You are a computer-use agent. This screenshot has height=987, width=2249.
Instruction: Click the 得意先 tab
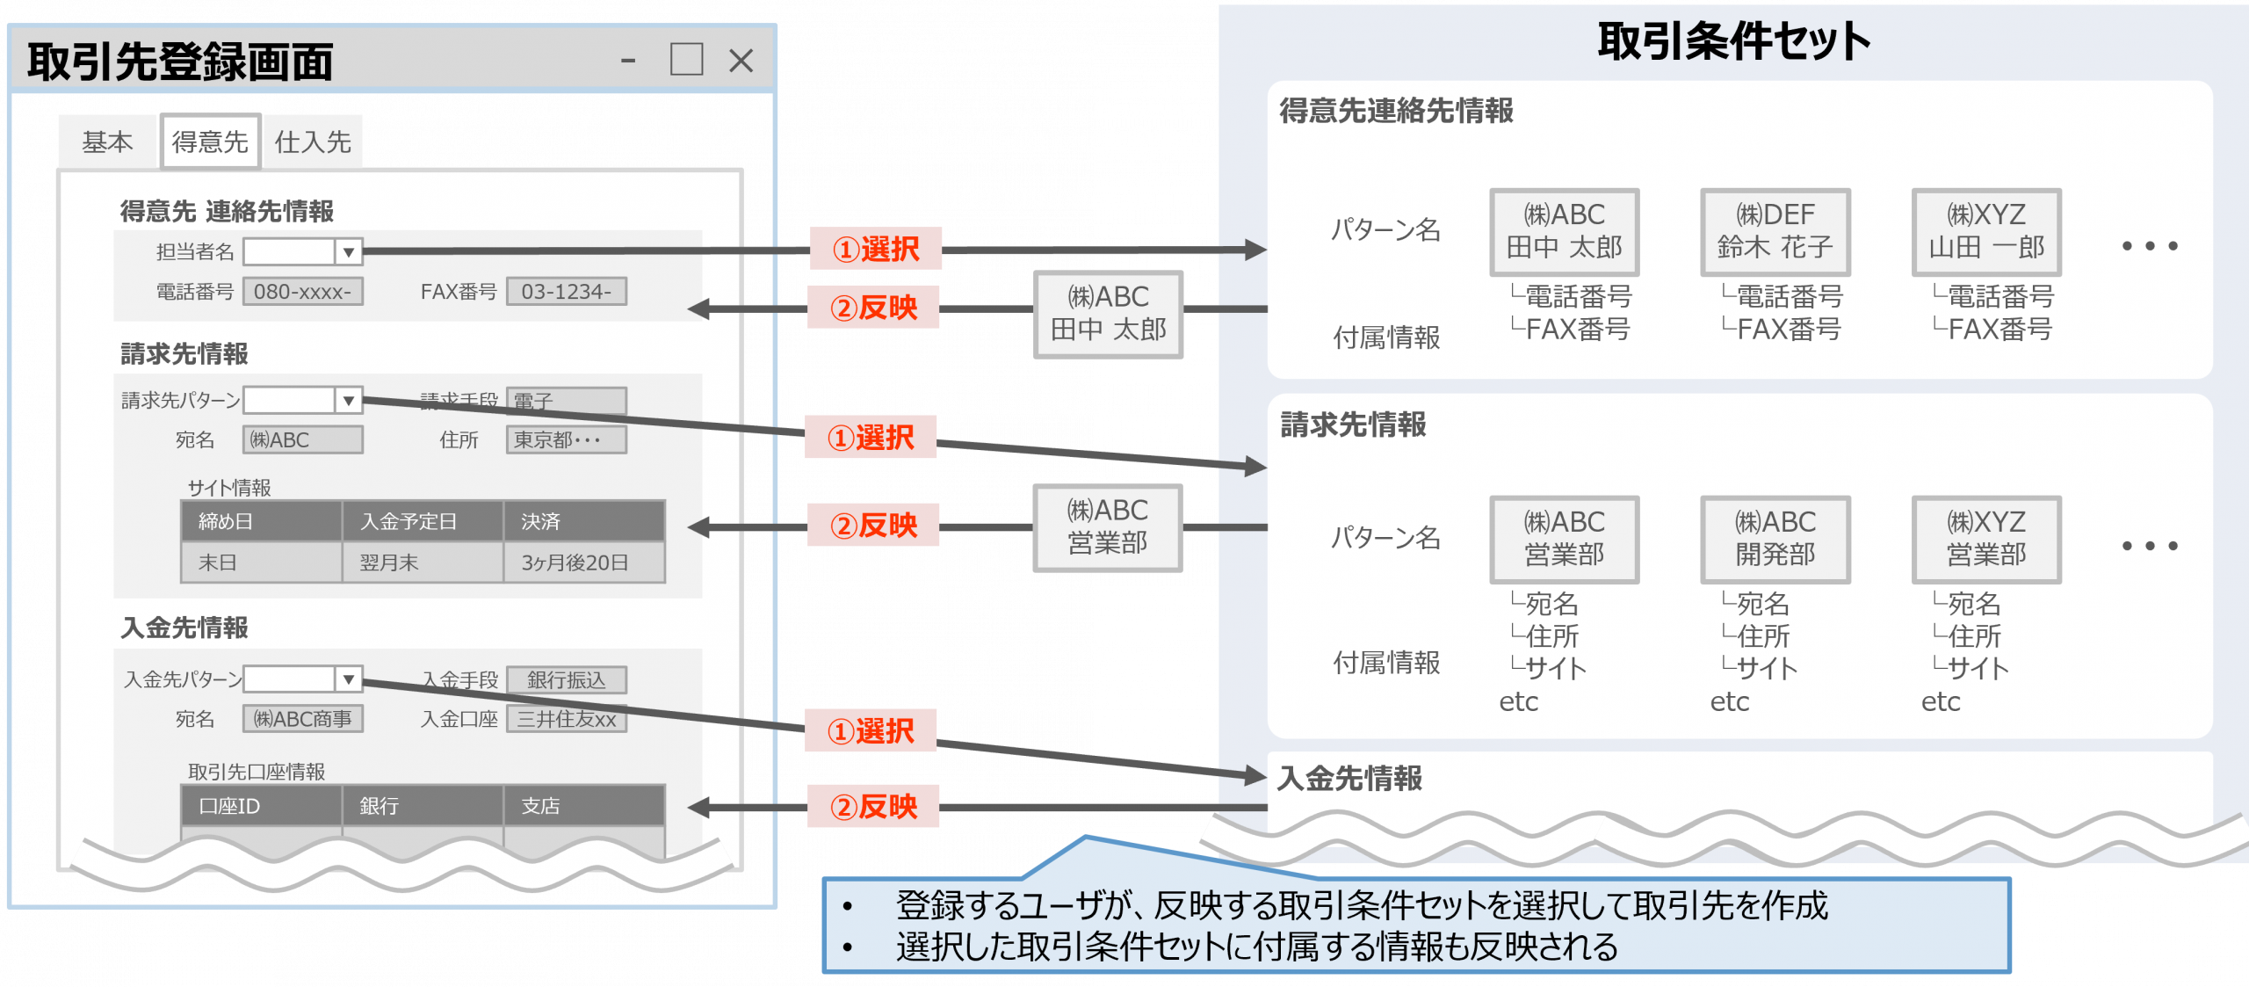(210, 142)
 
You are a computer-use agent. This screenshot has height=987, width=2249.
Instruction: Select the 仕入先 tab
(313, 142)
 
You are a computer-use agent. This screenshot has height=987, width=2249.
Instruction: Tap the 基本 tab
(107, 142)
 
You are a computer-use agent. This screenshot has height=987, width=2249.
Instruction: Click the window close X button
(741, 61)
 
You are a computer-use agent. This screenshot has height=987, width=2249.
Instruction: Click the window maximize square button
(686, 60)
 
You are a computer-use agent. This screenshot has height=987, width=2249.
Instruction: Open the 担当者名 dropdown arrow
(349, 252)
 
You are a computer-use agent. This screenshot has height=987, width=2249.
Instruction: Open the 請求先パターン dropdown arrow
(349, 401)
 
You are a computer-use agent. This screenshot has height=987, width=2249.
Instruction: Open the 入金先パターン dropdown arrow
(349, 679)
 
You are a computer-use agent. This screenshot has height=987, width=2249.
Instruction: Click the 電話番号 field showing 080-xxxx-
(303, 292)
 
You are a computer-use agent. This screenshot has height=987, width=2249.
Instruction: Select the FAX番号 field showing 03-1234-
(567, 292)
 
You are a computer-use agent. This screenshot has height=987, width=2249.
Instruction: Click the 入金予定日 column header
(422, 521)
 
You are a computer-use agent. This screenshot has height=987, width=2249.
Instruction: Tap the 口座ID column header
(261, 806)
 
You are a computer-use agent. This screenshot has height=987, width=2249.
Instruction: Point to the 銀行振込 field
(567, 679)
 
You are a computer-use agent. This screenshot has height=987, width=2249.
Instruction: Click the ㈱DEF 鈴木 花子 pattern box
(1775, 232)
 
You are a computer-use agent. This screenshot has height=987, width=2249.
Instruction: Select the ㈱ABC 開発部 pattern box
(1775, 539)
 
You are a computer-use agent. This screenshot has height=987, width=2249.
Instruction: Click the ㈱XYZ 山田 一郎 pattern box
(1986, 232)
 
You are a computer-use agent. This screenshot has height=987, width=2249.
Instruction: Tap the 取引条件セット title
(1733, 41)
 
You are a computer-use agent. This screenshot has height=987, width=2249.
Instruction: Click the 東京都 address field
(567, 439)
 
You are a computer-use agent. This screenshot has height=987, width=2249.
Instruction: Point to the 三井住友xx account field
(567, 719)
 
